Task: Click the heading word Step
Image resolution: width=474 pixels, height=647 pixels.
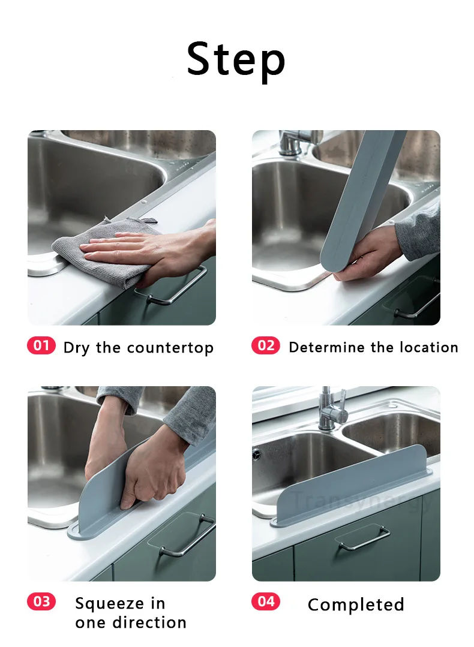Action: click(x=236, y=59)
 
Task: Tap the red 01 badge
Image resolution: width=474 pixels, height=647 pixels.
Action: click(x=41, y=345)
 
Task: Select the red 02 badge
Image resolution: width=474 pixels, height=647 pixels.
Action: click(x=266, y=345)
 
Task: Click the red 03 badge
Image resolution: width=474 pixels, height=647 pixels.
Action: click(x=41, y=601)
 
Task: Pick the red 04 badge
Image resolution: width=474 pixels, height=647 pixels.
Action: click(x=266, y=601)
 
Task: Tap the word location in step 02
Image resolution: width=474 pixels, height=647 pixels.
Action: click(x=428, y=347)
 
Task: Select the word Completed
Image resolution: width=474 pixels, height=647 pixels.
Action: click(x=356, y=605)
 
